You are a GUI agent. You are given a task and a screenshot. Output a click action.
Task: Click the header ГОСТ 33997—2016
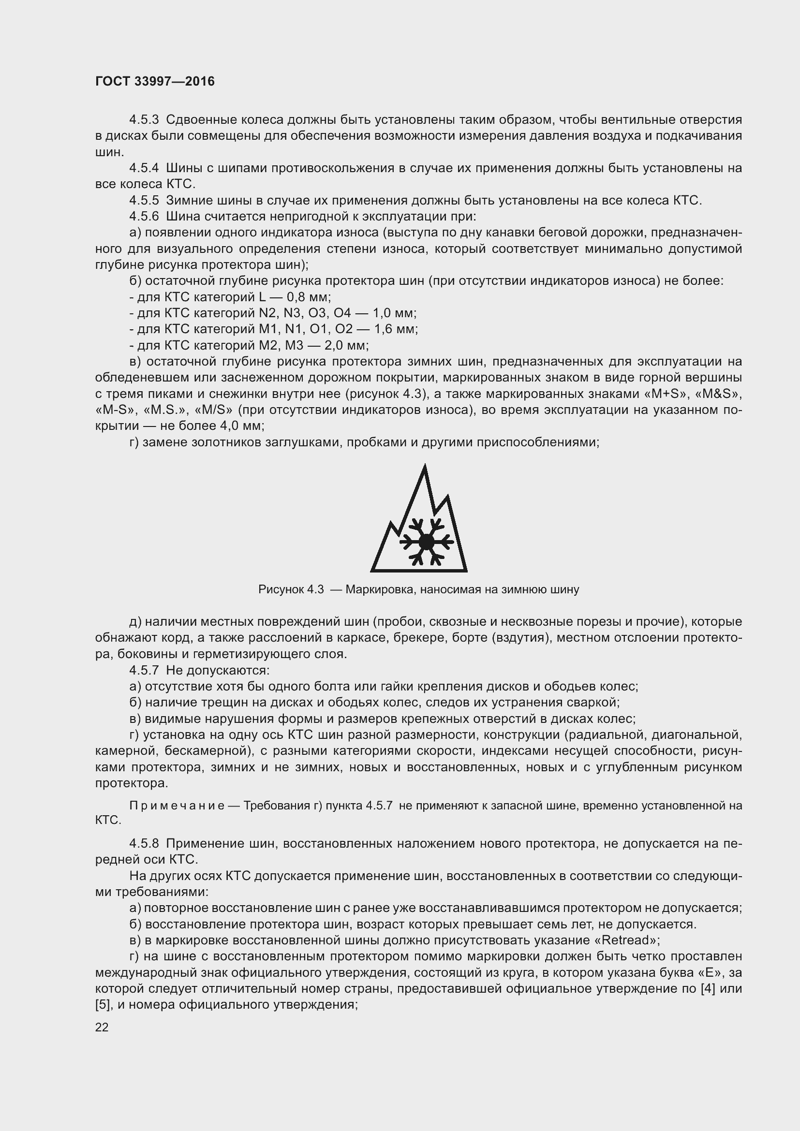[155, 81]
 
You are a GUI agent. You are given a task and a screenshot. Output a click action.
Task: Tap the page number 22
[102, 1027]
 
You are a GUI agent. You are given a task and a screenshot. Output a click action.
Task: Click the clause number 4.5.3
[144, 120]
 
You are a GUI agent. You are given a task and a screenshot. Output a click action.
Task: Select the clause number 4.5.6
[144, 216]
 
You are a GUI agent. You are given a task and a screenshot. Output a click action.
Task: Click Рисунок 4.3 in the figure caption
[291, 589]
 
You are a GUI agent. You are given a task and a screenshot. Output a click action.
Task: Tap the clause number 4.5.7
[144, 670]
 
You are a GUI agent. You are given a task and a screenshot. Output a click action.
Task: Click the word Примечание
[177, 806]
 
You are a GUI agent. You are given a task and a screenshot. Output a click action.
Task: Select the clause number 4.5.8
[144, 844]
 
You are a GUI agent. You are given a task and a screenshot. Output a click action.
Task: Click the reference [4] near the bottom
[708, 989]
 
